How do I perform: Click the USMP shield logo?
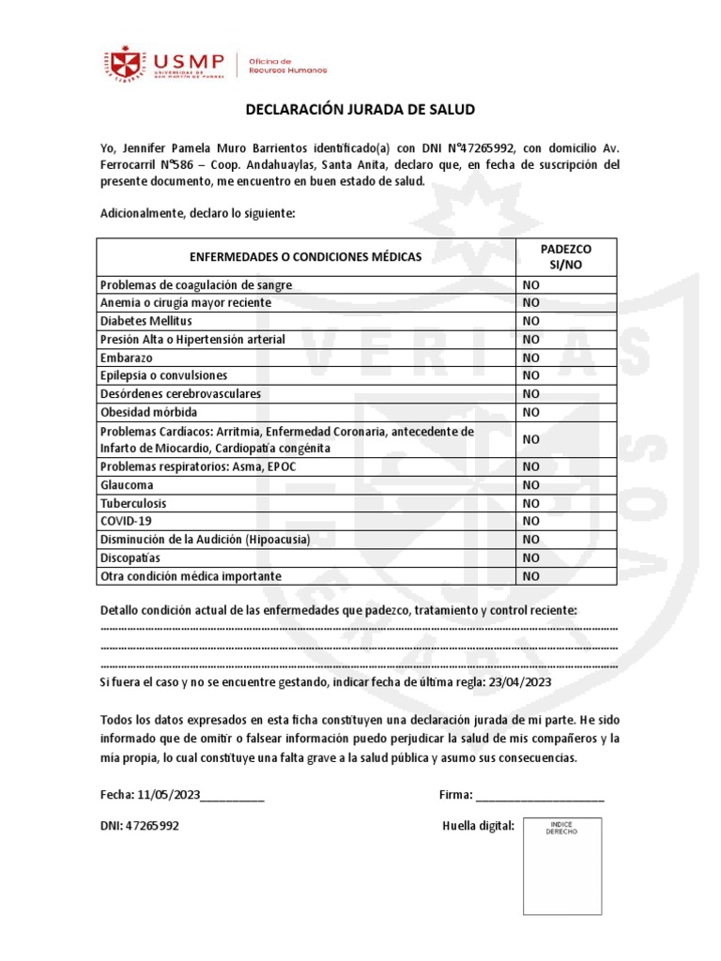124,64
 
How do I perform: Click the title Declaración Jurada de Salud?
360,110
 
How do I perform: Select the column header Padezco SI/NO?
566,256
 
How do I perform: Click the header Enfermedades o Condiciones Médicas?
306,256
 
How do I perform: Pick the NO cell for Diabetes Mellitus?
531,321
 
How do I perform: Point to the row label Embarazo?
126,358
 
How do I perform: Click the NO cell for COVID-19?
531,521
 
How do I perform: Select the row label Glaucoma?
127,485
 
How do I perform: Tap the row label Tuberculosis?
133,503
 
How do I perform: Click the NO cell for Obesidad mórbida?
531,412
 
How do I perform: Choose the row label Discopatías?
131,557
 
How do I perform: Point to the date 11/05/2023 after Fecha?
169,795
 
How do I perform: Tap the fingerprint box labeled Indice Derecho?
562,865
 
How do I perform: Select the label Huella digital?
478,827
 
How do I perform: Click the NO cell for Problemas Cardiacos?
531,439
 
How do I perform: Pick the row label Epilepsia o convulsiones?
163,375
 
